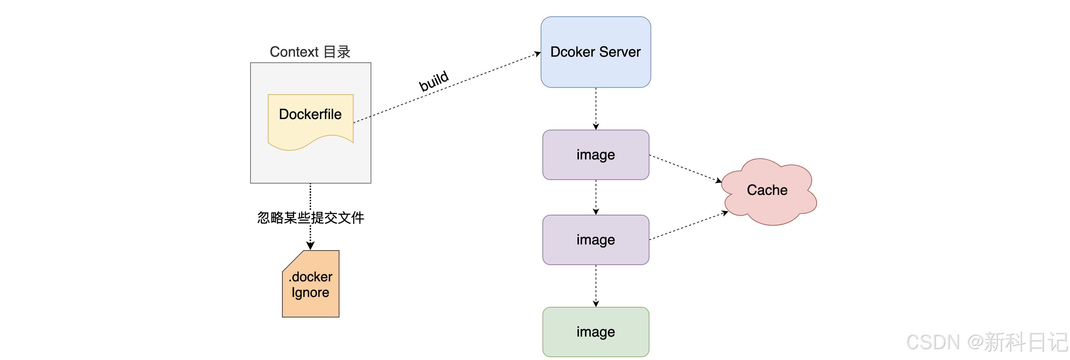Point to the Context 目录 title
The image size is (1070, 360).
[x=310, y=52]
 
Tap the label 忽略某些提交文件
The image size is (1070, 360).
[x=310, y=218]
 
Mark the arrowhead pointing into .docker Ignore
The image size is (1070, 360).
[x=310, y=246]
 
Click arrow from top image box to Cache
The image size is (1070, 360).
[x=685, y=168]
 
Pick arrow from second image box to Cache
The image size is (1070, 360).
[x=687, y=226]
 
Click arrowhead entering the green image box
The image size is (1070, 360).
[x=596, y=304]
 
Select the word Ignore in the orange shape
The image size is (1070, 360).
[x=310, y=293]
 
